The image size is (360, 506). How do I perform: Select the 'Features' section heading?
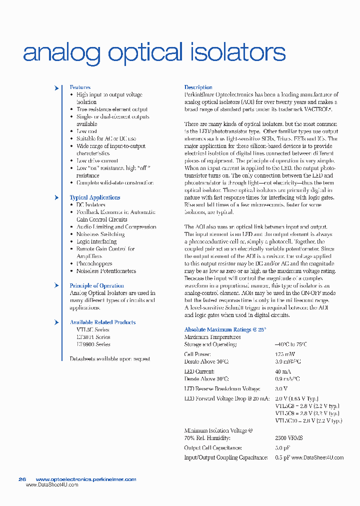click(x=80, y=87)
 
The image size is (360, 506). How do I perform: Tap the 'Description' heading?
click(x=198, y=87)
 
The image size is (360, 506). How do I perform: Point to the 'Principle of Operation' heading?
click(x=96, y=286)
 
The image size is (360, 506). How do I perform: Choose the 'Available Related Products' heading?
click(x=102, y=322)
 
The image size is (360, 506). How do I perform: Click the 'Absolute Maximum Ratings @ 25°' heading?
click(x=225, y=330)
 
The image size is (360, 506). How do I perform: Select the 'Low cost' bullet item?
click(x=86, y=131)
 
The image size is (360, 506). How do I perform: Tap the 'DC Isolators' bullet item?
click(x=90, y=205)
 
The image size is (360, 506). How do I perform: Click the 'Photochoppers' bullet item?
click(x=94, y=263)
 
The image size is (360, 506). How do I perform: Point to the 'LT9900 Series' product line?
click(x=93, y=344)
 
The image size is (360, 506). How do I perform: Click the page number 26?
click(x=22, y=479)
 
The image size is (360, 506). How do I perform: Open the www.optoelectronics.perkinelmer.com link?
click(x=86, y=479)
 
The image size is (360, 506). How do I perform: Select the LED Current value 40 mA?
click(x=283, y=371)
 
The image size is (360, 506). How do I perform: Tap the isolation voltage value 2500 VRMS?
click(x=289, y=438)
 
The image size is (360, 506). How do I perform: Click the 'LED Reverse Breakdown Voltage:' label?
click(x=222, y=389)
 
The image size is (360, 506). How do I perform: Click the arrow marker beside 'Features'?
click(x=56, y=88)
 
